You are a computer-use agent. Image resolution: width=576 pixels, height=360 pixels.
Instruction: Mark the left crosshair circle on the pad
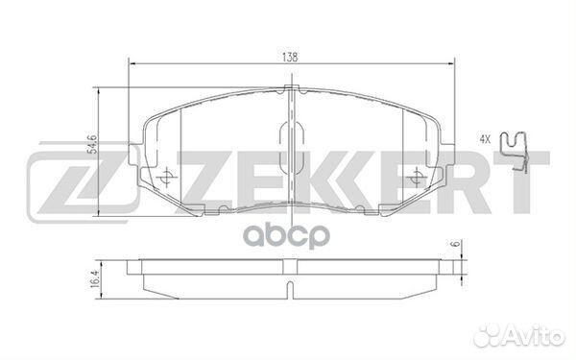tap(166, 177)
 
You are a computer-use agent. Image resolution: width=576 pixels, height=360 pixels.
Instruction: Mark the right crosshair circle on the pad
tap(416, 177)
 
